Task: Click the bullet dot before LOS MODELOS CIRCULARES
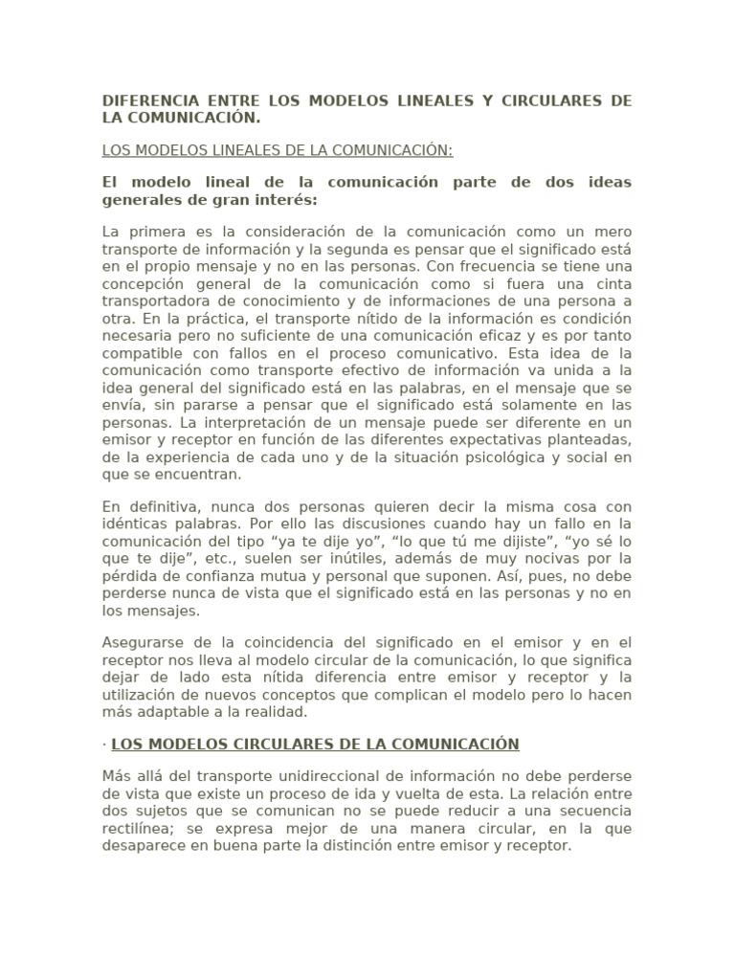point(104,744)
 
